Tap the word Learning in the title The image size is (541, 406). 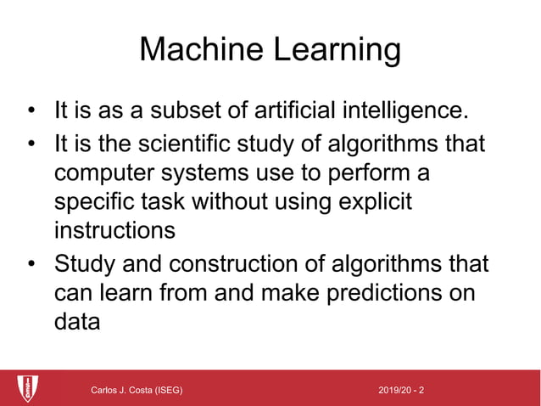tap(336, 50)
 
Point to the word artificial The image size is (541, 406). tap(298, 111)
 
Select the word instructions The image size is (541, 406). tap(114, 231)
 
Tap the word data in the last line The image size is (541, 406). tap(77, 322)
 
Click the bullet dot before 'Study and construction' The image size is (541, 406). tap(31, 264)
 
